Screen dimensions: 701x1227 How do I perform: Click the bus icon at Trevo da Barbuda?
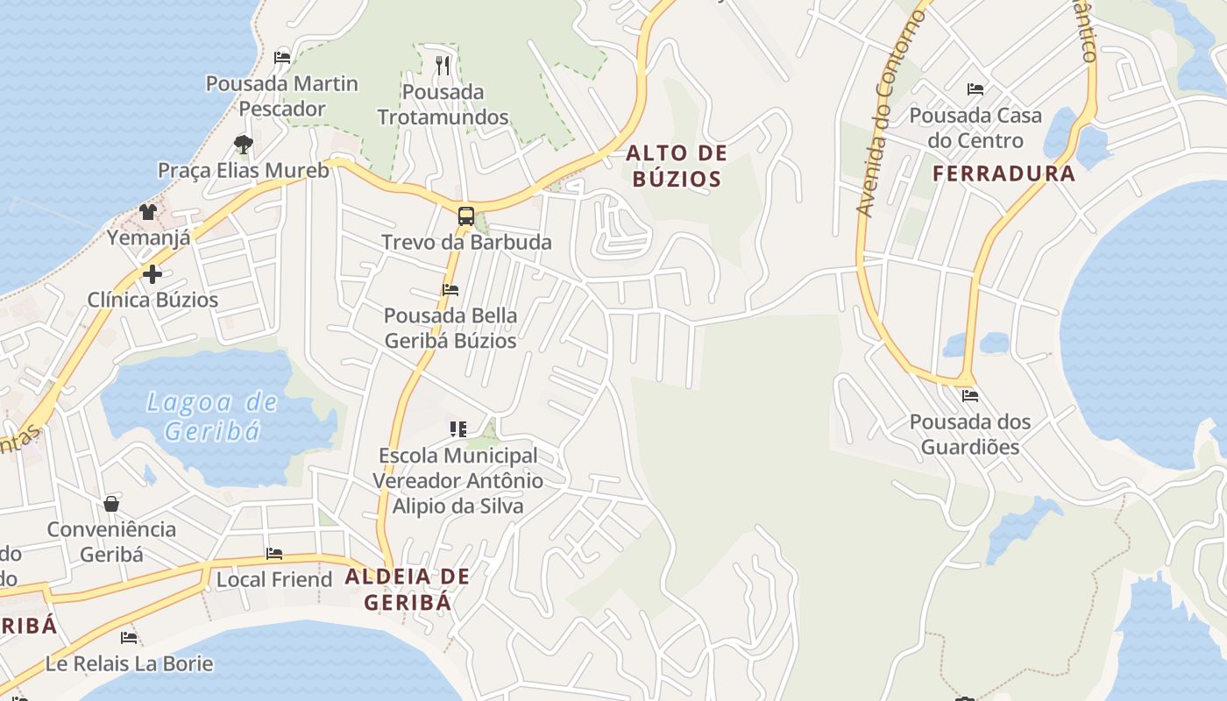coord(466,216)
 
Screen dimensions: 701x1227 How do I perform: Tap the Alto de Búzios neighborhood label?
coord(677,166)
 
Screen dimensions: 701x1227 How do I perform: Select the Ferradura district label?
coord(1004,173)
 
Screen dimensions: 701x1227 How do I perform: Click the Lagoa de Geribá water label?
coord(212,416)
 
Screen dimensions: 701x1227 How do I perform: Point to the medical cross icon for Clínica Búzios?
coord(152,274)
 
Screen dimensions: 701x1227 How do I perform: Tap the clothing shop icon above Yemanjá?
coord(148,212)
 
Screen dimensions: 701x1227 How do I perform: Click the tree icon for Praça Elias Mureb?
coord(244,144)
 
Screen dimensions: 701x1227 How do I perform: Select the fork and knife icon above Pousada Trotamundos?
coord(443,65)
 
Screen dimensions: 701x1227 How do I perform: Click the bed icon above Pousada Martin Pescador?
coord(282,58)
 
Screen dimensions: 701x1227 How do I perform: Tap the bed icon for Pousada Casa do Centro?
coord(975,89)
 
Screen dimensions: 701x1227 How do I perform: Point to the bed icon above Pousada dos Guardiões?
coord(969,396)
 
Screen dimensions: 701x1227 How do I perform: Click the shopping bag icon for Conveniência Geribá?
coord(111,504)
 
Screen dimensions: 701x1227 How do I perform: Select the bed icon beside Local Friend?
coord(274,554)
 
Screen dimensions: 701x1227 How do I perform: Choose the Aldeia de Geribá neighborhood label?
coord(408,590)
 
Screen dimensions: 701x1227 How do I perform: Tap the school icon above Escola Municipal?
coord(457,429)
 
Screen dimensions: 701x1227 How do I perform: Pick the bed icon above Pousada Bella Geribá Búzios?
coord(450,290)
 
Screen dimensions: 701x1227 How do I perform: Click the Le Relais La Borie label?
coord(130,663)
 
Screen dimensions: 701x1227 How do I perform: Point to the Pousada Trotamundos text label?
coord(443,104)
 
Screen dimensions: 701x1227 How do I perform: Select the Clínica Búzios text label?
coord(152,300)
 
